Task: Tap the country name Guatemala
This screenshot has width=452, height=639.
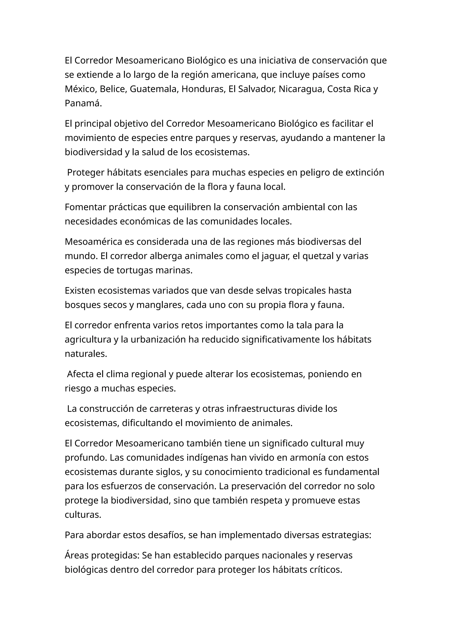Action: coord(153,89)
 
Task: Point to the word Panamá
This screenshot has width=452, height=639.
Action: coord(83,103)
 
